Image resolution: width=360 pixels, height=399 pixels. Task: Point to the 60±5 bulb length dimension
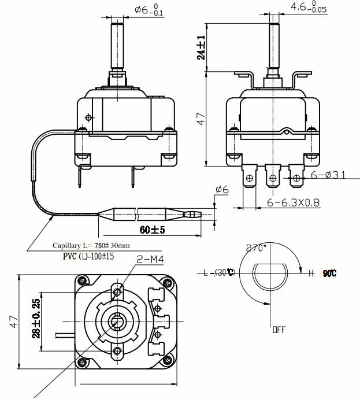point(153,230)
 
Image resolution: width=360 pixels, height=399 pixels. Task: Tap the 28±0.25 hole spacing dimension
point(36,319)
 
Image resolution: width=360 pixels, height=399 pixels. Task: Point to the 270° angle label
point(256,247)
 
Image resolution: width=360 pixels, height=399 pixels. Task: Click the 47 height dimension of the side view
point(201,120)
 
